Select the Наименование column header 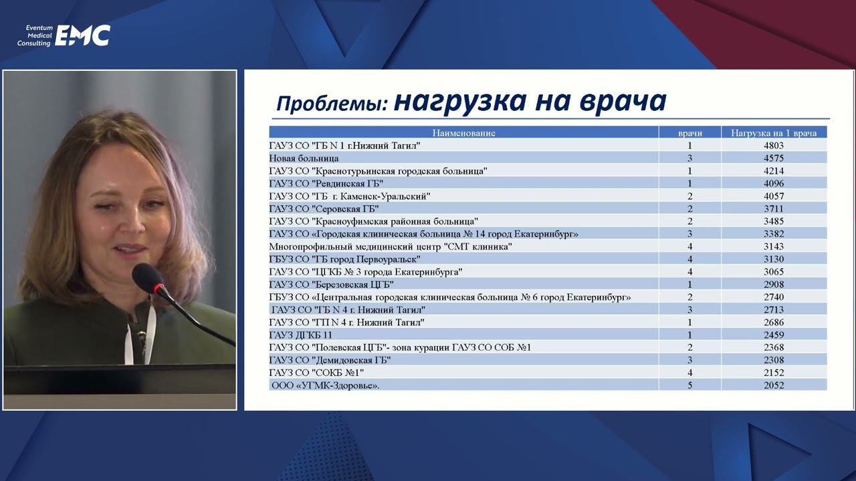463,133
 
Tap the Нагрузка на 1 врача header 774,133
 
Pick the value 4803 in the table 774,146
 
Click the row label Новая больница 304,158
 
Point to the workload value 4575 774,158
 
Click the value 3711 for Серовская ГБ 774,208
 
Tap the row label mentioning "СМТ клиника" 391,247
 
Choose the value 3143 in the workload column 774,247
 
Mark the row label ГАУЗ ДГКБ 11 300,335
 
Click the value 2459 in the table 774,335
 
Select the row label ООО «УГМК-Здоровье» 325,385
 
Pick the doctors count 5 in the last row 689,385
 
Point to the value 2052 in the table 774,385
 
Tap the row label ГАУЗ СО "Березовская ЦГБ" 331,285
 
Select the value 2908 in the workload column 774,285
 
